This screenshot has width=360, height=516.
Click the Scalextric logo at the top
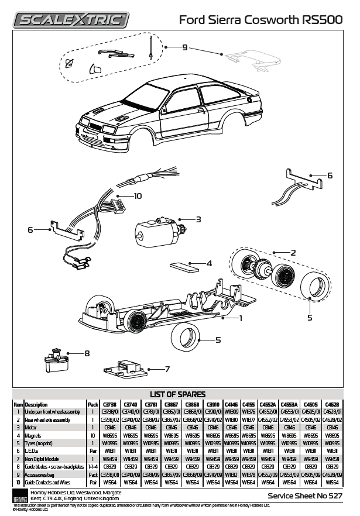[x=72, y=20]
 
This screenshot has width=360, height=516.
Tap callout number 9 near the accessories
[x=184, y=47]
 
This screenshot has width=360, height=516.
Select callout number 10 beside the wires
[x=138, y=196]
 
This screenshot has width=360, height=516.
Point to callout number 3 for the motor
[x=198, y=219]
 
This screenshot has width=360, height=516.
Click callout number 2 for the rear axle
[x=293, y=252]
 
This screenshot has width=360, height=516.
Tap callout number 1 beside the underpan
[x=240, y=318]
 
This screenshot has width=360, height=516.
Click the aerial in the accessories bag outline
[x=151, y=47]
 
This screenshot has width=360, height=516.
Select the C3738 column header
[x=110, y=404]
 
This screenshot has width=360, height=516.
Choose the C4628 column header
[x=331, y=404]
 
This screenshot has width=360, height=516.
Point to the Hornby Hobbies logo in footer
[x=20, y=496]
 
